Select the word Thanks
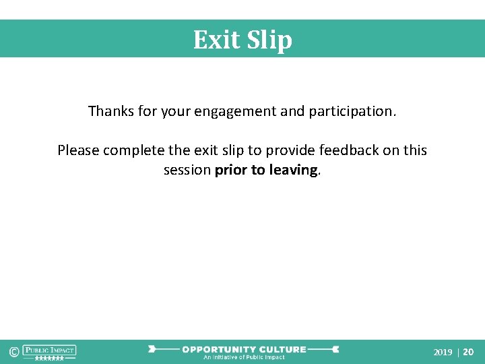click(x=110, y=111)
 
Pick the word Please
click(x=78, y=150)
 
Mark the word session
click(x=187, y=170)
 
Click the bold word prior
click(x=230, y=170)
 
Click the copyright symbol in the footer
click(x=13, y=352)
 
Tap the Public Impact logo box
click(x=49, y=350)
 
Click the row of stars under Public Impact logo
click(x=49, y=359)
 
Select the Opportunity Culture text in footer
click(x=244, y=349)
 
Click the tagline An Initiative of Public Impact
click(x=244, y=357)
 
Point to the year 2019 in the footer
click(x=443, y=352)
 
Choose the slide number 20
click(x=468, y=352)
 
